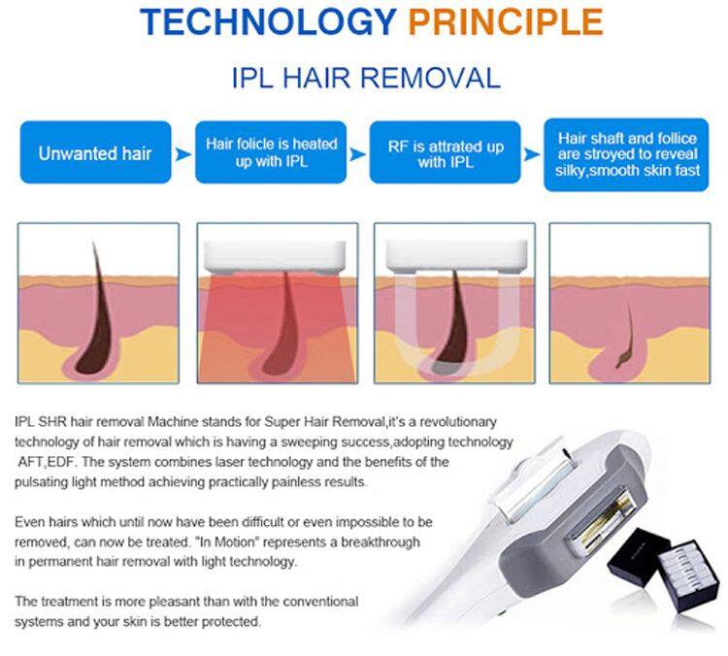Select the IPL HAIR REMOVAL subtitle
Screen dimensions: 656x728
[x=366, y=79]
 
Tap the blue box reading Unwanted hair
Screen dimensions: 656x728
[x=95, y=152]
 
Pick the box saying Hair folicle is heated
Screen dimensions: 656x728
[x=272, y=152]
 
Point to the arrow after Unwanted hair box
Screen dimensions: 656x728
[x=183, y=153]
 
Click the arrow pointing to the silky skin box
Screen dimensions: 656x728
[x=531, y=153]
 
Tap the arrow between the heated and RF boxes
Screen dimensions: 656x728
[x=357, y=153]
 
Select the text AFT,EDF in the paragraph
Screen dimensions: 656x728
[x=45, y=462]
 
